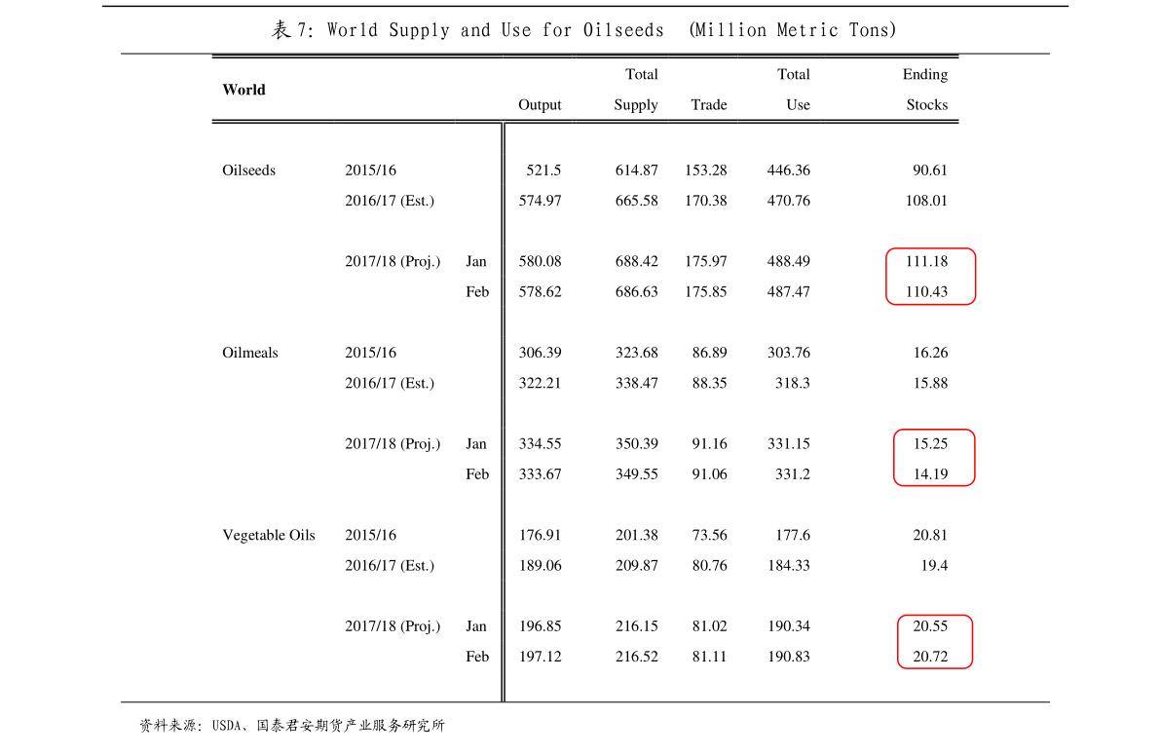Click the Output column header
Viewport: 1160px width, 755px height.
(540, 104)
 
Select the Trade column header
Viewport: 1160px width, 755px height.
(709, 104)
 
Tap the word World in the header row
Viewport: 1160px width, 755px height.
(243, 90)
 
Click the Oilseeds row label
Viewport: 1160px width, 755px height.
(248, 170)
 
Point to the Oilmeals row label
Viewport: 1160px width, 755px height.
(250, 353)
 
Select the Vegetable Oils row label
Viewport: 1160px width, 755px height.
(269, 535)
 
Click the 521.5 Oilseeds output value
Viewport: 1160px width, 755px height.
(543, 170)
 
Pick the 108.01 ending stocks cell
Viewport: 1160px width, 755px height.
(926, 201)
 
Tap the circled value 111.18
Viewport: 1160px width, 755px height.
(926, 261)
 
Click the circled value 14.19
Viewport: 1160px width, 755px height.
(930, 473)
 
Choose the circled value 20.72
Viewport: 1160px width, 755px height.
(930, 657)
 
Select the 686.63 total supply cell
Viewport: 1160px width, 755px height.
(636, 291)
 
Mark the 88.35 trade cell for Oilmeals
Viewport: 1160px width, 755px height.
(709, 383)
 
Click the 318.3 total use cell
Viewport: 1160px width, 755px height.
(792, 383)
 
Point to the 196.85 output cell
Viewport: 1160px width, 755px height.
(540, 626)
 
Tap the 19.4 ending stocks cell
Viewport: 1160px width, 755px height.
(934, 565)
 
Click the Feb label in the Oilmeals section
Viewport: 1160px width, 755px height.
(477, 473)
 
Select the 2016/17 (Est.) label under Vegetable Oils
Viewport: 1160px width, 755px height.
(390, 565)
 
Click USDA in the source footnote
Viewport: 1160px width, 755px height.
(226, 726)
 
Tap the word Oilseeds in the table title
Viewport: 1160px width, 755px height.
(623, 30)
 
